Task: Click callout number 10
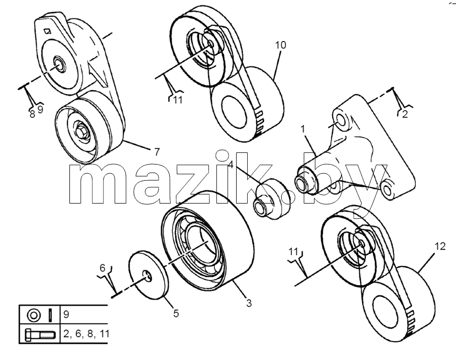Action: (281, 45)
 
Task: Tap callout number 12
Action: (440, 247)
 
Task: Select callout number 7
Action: (157, 152)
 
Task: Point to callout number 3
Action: (249, 303)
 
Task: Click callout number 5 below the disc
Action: (176, 313)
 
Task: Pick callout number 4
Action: (231, 165)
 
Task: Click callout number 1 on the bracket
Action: (303, 129)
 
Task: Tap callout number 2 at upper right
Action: (405, 114)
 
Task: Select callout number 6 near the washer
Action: (102, 268)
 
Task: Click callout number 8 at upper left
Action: (32, 114)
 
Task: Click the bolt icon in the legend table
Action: (40, 335)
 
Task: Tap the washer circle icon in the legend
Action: (33, 315)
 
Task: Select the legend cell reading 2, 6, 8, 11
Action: (86, 334)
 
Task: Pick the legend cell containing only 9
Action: (66, 314)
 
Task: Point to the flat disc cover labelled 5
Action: (149, 274)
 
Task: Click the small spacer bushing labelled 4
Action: (269, 199)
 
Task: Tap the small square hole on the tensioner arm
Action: (48, 30)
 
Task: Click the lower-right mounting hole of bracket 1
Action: (387, 189)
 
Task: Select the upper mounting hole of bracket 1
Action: (341, 119)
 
